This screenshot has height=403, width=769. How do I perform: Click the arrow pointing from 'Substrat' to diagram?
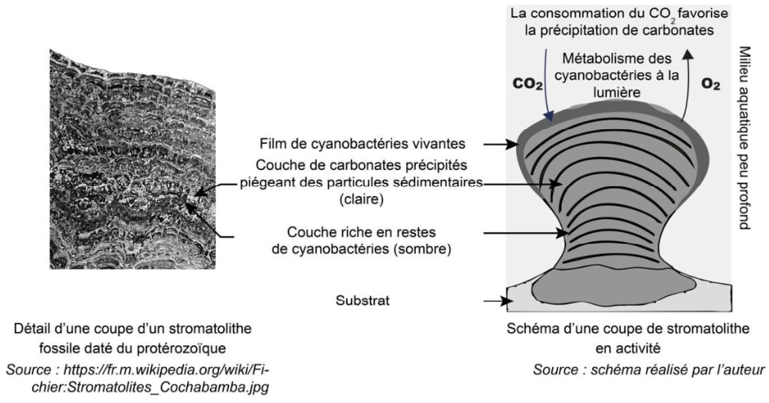(495, 303)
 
